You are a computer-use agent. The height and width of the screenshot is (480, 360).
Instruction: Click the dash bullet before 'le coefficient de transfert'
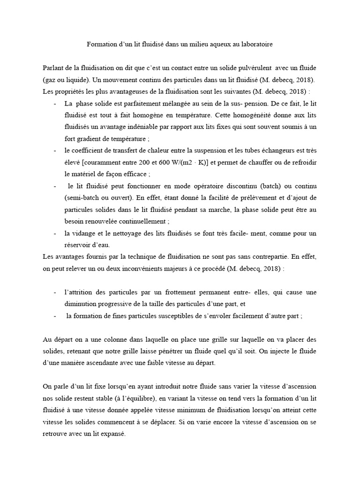tap(56, 150)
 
